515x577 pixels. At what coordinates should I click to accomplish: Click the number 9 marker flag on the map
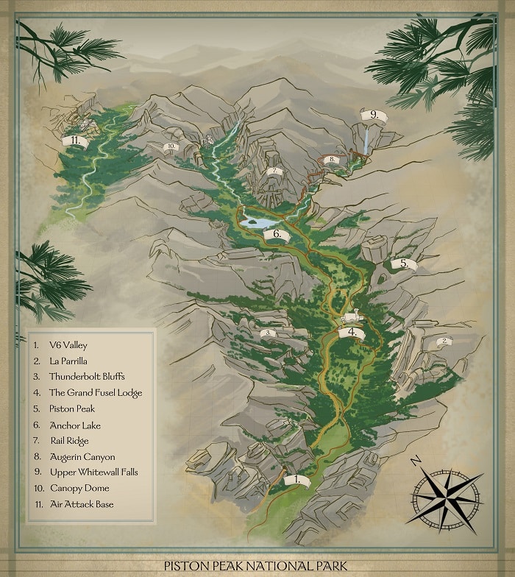tap(374, 115)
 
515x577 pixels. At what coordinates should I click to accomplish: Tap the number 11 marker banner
tap(74, 140)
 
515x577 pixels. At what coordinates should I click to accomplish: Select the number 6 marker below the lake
tap(277, 235)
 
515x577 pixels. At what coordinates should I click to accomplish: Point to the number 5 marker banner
tap(403, 263)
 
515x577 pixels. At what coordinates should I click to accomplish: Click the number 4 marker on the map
tap(352, 332)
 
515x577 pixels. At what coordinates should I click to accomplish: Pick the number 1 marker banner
tap(296, 480)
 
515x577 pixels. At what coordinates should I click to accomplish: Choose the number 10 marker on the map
tap(171, 146)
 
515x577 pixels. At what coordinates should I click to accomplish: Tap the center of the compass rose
tap(447, 497)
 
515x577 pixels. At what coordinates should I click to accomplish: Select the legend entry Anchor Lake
tap(75, 425)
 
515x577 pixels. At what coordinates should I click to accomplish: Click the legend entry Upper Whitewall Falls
tap(94, 472)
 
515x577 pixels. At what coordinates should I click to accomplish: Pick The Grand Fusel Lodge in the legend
tap(96, 392)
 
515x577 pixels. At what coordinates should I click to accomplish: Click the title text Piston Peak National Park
tap(257, 566)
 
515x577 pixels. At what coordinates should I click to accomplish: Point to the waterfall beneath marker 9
tap(366, 140)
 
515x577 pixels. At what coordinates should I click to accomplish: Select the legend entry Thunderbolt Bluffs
tap(87, 376)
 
